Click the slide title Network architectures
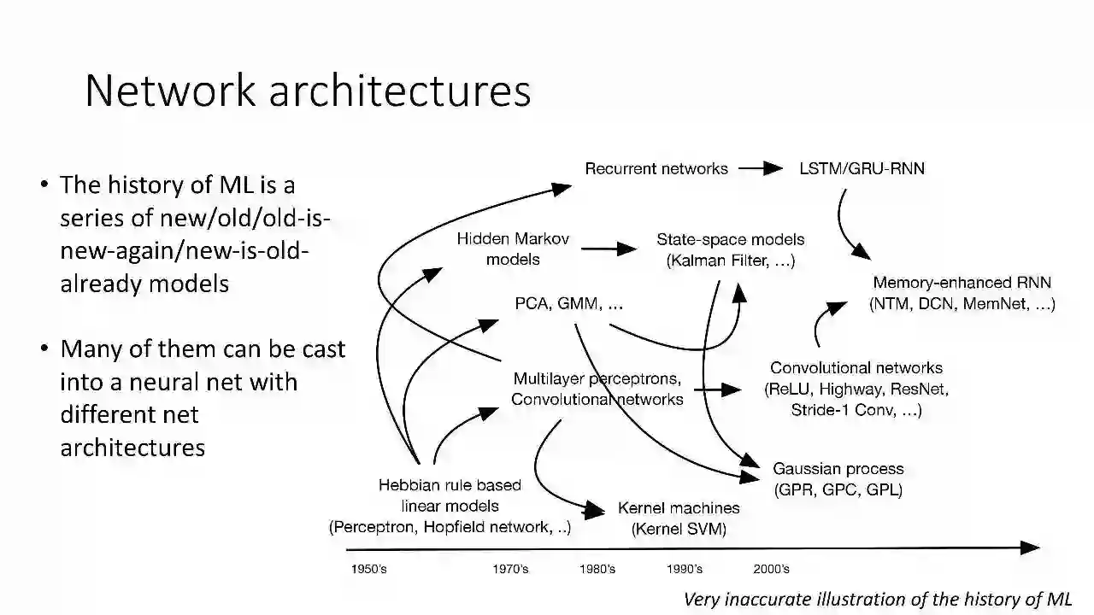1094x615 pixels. coord(308,91)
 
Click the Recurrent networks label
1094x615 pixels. coord(656,168)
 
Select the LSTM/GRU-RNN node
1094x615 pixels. coord(862,168)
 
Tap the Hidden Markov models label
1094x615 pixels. coord(513,249)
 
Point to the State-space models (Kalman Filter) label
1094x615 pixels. coord(730,250)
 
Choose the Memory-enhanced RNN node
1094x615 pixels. coord(962,293)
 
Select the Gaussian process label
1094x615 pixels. coord(838,479)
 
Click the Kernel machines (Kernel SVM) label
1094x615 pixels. coord(679,518)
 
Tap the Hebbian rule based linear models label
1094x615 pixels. coord(450,507)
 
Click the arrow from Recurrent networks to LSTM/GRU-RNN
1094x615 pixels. coord(760,168)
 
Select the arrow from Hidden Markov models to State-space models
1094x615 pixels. coord(609,249)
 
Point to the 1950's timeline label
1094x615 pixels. coord(368,569)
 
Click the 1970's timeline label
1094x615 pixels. coord(510,569)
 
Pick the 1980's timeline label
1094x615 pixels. coord(597,569)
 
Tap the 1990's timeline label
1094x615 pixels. coord(684,569)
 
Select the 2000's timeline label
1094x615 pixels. coord(771,569)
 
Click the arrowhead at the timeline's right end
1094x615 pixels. coord(1032,548)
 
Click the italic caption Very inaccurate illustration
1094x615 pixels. coord(877,599)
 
